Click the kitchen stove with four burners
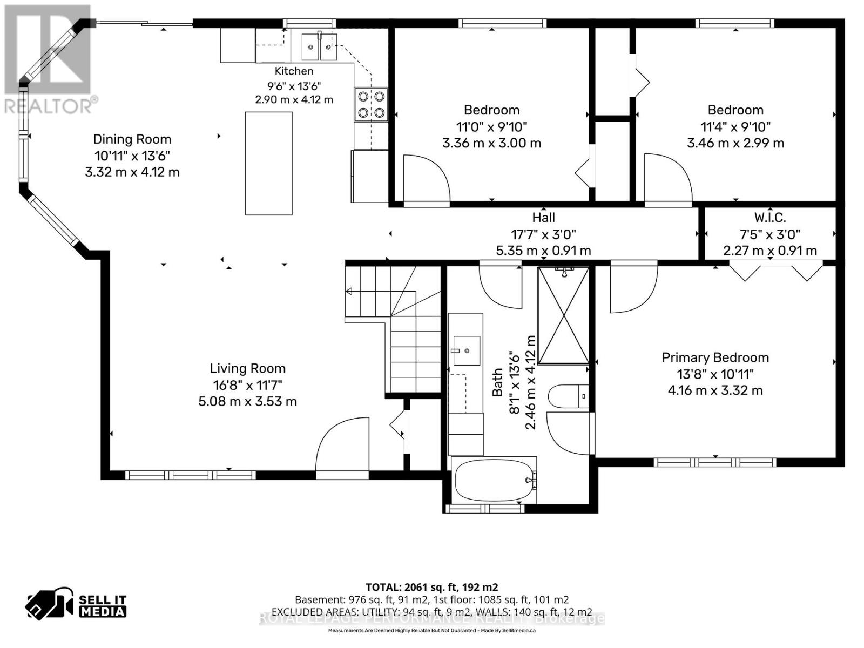pyautogui.click(x=371, y=104)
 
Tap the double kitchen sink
pyautogui.click(x=319, y=47)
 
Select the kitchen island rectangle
pyautogui.click(x=268, y=163)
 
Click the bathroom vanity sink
pyautogui.click(x=467, y=350)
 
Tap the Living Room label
pyautogui.click(x=247, y=368)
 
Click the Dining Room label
pyautogui.click(x=132, y=139)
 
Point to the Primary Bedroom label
pyautogui.click(x=715, y=357)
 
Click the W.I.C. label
pyautogui.click(x=770, y=217)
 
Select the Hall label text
pyautogui.click(x=544, y=217)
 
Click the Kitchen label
pyautogui.click(x=294, y=71)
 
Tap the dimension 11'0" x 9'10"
pyautogui.click(x=491, y=127)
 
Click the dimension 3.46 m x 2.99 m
pyautogui.click(x=735, y=143)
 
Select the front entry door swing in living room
pyautogui.click(x=342, y=444)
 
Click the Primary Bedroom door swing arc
pyautogui.click(x=634, y=289)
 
